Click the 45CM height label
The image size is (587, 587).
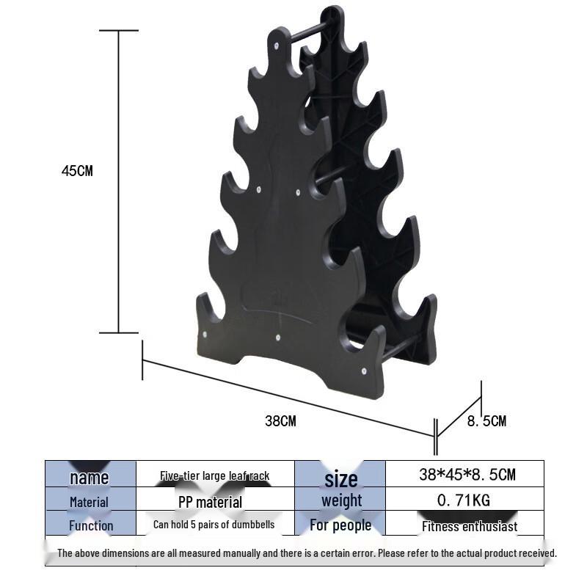click(x=77, y=171)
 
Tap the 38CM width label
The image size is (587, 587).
click(x=280, y=421)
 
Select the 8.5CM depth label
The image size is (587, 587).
click(x=486, y=421)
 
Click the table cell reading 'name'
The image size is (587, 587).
click(x=90, y=478)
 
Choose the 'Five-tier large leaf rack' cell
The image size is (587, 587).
click(x=215, y=475)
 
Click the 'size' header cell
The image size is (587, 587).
click(x=340, y=479)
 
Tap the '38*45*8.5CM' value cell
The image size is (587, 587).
click(x=467, y=474)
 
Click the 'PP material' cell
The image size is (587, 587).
click(x=210, y=503)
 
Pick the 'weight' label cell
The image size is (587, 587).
click(x=341, y=500)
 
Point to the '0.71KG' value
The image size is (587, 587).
click(x=464, y=500)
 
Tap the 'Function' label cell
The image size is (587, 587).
click(x=91, y=525)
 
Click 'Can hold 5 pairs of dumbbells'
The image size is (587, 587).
click(x=214, y=525)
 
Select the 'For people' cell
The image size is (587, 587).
click(x=340, y=525)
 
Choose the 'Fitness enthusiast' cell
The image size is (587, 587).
click(x=470, y=526)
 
